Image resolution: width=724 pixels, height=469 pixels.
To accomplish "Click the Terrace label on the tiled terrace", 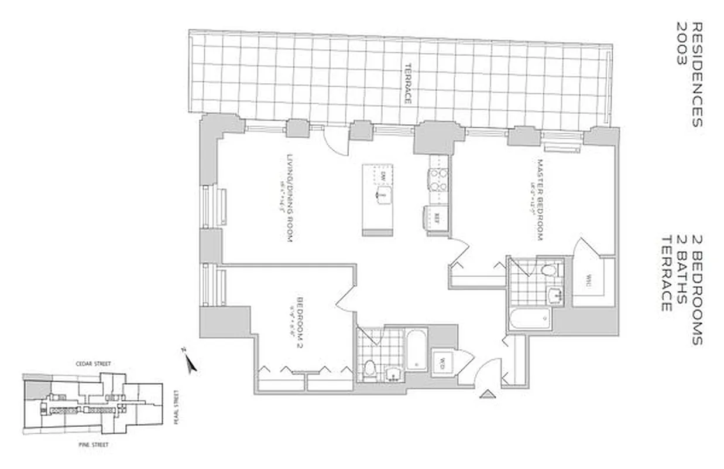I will coord(408,84).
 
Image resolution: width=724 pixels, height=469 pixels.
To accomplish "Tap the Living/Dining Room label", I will coord(289,198).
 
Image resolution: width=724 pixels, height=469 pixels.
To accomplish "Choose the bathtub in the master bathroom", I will coord(530,319).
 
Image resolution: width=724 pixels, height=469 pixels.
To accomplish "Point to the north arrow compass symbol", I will coord(190,362).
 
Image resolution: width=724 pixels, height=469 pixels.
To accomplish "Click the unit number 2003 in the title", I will coord(681,53).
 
